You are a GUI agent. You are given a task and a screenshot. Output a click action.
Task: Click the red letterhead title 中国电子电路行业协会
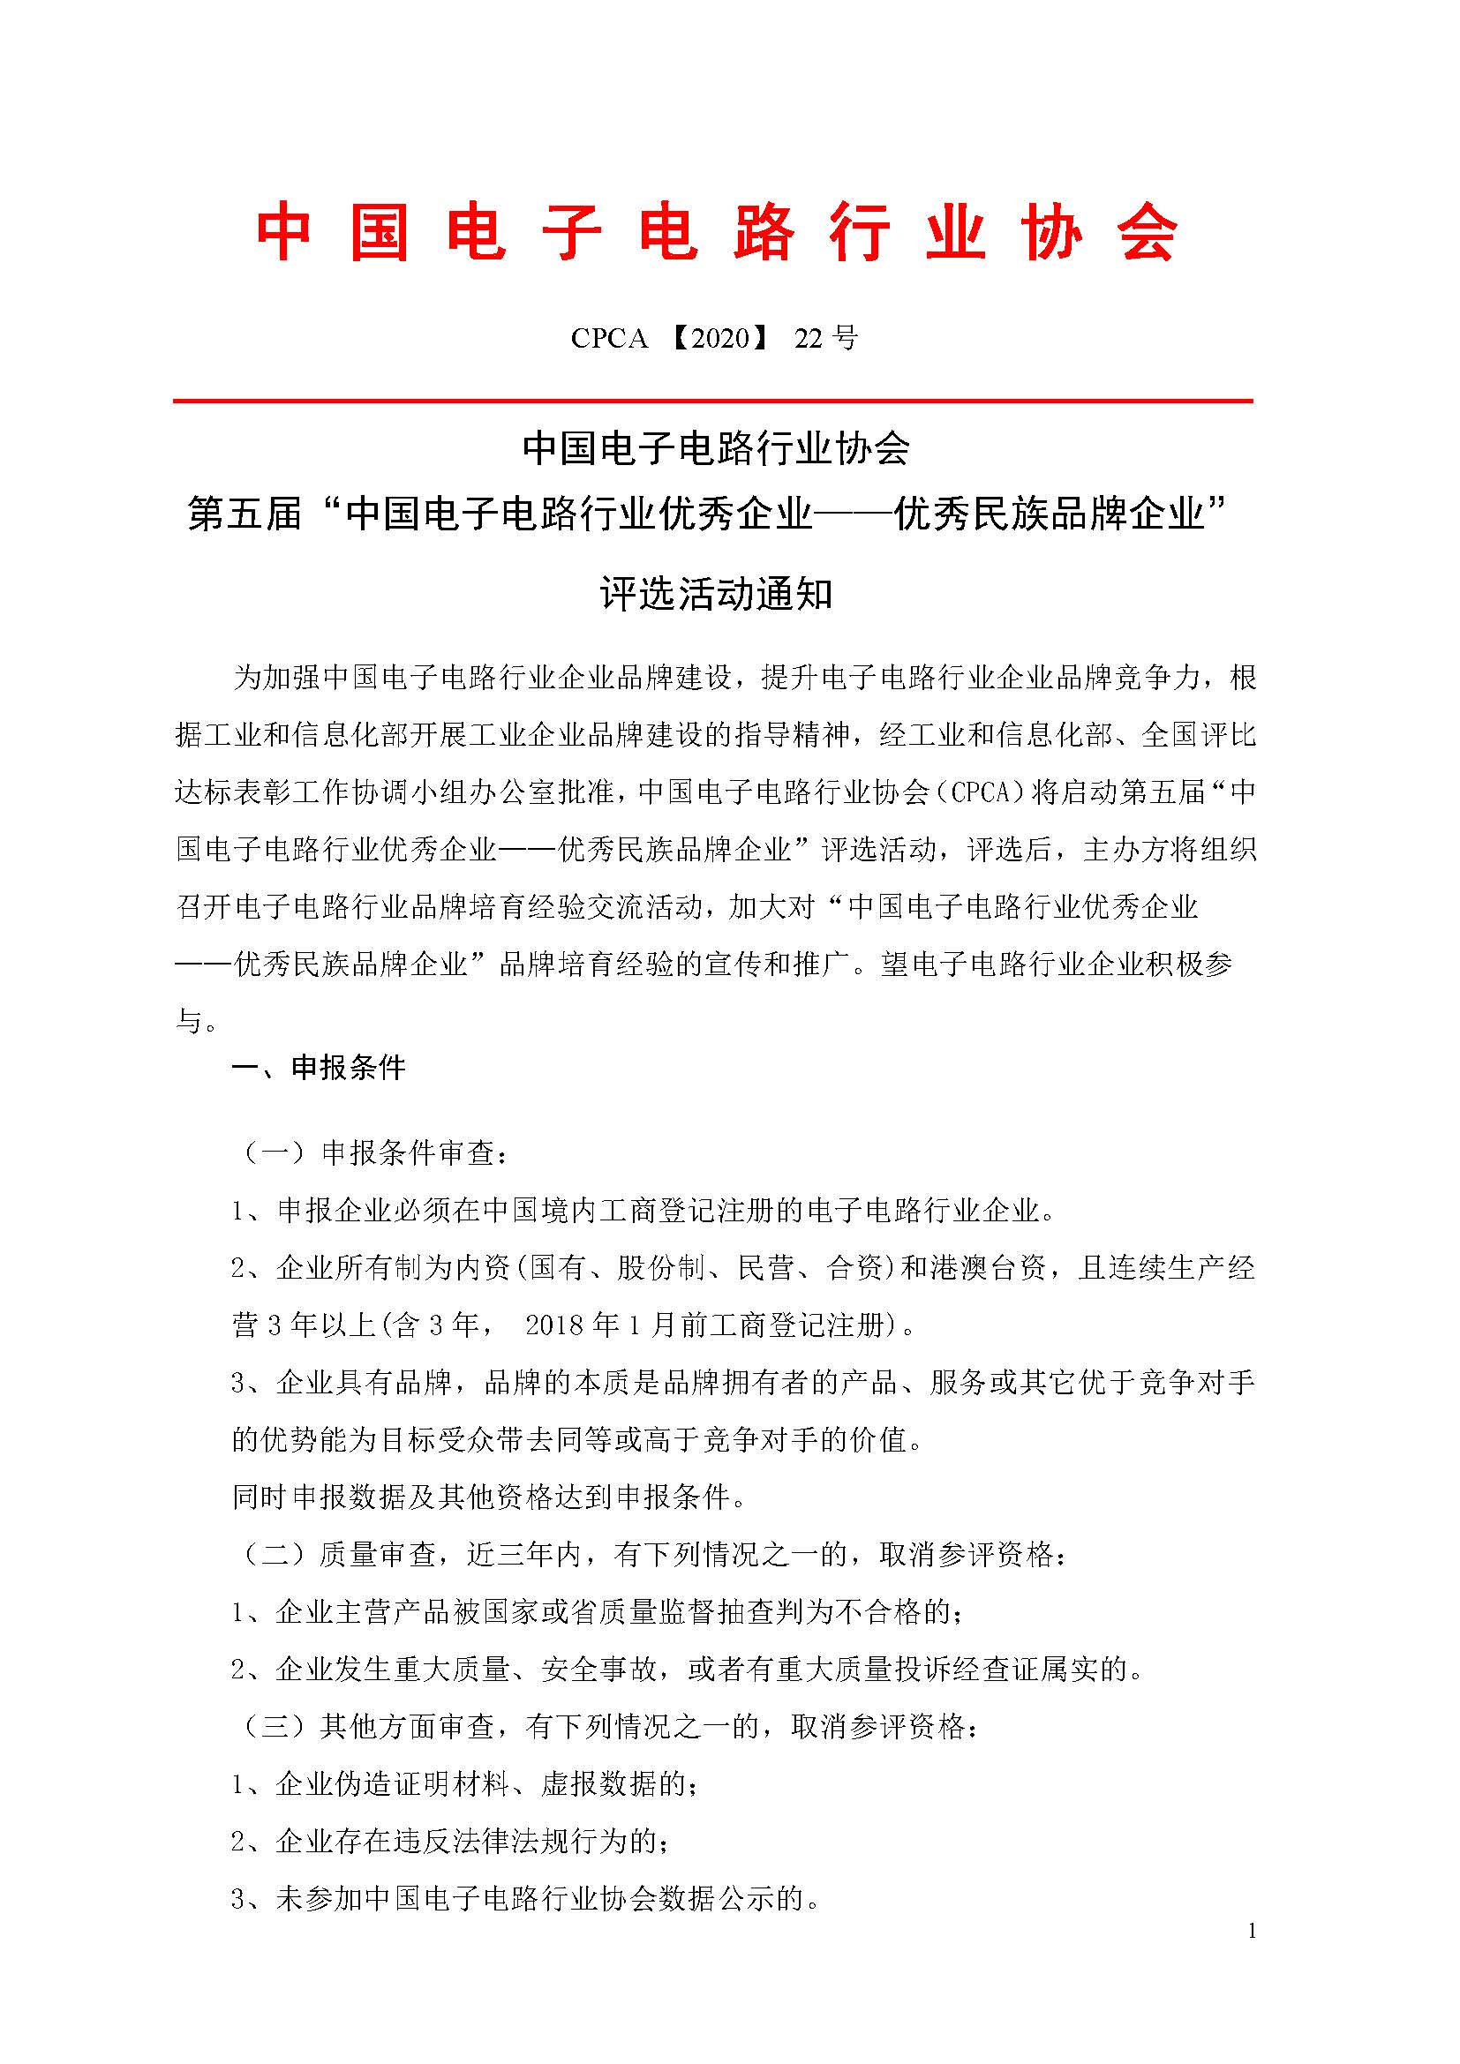coord(717,234)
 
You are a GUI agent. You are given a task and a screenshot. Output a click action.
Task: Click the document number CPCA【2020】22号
coord(714,339)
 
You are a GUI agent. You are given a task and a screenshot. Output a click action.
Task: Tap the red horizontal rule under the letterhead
coord(713,401)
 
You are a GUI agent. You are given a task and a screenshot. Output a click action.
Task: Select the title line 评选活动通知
coord(717,594)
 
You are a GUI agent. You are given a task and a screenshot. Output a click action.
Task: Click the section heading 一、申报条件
coord(320,1068)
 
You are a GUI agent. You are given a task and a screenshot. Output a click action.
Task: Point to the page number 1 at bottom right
coord(1252,1931)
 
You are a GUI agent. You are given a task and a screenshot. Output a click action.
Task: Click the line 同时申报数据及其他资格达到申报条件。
coord(489,1497)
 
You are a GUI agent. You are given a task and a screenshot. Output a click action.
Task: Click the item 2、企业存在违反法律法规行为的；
coord(450,1842)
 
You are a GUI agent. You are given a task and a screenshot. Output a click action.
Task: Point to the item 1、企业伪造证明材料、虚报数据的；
coord(464,1784)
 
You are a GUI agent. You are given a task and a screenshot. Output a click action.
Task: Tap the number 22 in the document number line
coord(809,339)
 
